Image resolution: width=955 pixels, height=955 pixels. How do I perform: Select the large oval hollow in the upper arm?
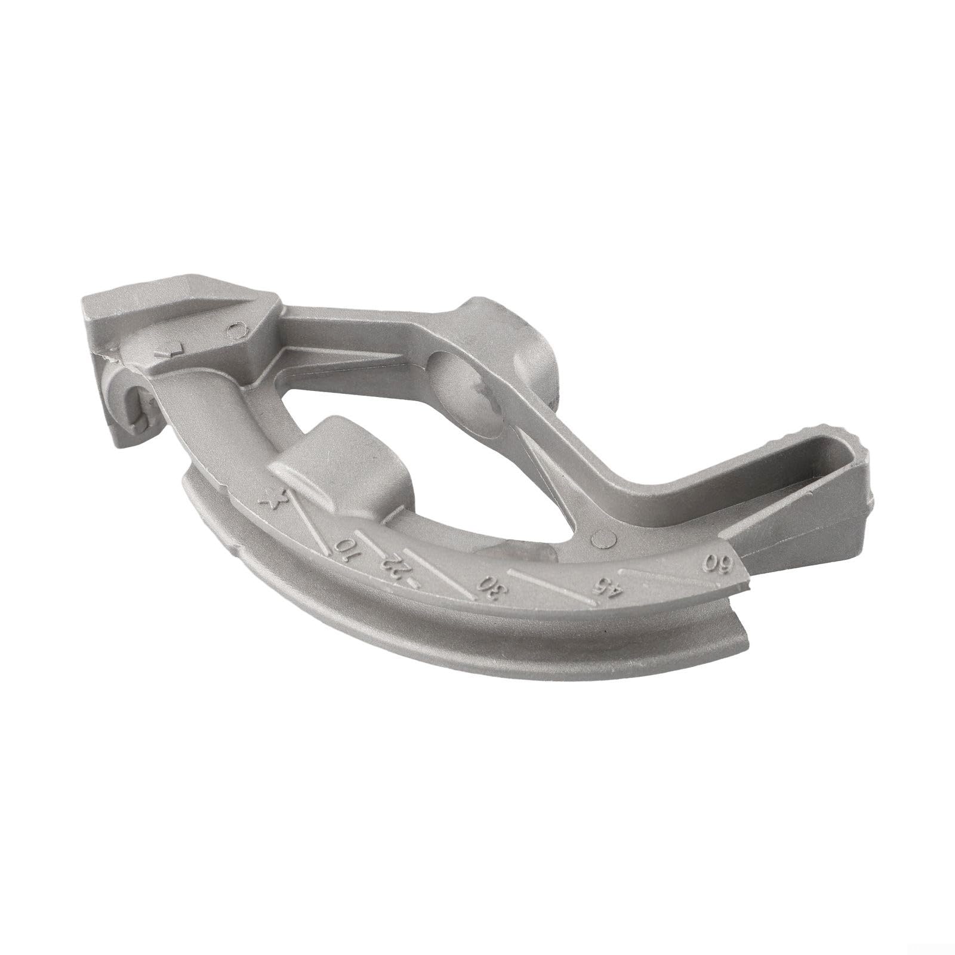point(472,397)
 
